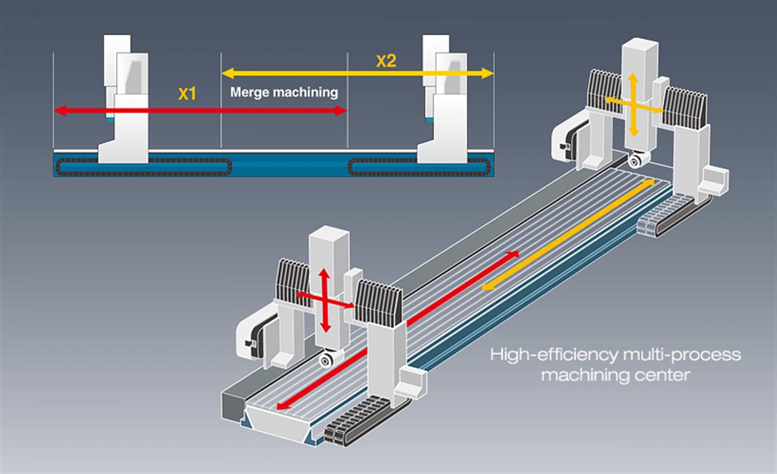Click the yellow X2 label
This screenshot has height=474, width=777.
coord(386,61)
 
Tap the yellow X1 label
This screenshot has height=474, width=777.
coord(187,94)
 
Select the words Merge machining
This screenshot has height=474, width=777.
coord(284,93)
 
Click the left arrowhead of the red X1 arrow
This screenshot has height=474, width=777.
coord(60,111)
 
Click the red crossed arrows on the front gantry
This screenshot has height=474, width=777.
coord(325,301)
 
